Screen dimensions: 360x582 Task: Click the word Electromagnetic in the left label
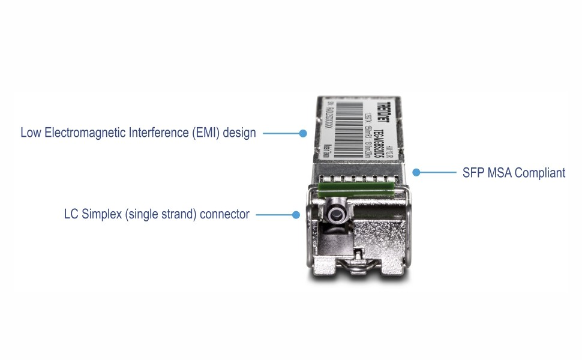coord(79,133)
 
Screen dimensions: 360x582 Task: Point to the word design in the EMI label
coord(239,133)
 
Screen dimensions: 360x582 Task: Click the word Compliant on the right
coord(541,173)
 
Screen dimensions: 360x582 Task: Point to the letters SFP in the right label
coord(472,173)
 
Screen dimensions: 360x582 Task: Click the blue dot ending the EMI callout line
coord(304,133)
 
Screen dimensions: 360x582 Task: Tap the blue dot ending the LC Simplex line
coord(295,214)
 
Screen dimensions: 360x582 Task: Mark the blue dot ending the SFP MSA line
coord(415,173)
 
